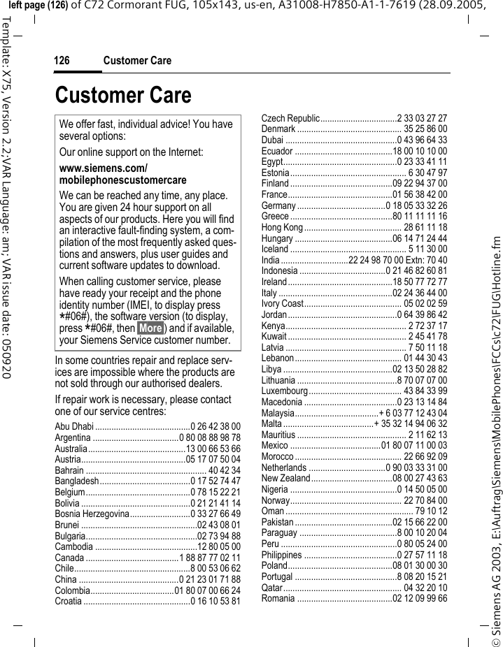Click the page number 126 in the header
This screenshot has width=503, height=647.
pyautogui.click(x=62, y=61)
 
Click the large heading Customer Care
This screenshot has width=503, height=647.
pyautogui.click(x=123, y=95)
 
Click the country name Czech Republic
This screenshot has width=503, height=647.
pyautogui.click(x=290, y=119)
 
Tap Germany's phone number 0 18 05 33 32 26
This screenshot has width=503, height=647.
pyautogui.click(x=417, y=206)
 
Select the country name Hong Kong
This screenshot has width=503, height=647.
pyautogui.click(x=282, y=228)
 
